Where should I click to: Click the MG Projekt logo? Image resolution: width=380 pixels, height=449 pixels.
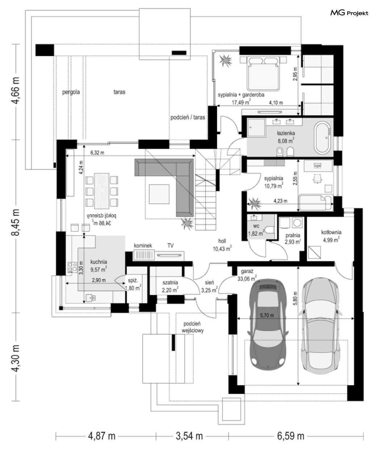point(349,13)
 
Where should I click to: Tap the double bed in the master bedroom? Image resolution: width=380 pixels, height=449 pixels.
point(263,73)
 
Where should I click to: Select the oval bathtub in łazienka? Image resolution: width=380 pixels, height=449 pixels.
point(323,137)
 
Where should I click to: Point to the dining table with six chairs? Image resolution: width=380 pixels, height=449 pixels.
point(102,191)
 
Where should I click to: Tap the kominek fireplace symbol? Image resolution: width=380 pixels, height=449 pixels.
point(144,255)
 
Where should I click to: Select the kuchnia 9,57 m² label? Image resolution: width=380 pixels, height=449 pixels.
point(98,266)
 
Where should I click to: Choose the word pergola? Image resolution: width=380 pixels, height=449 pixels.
point(71,92)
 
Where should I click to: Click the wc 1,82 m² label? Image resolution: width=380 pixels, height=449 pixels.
point(256,230)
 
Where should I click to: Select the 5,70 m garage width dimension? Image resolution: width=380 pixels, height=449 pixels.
point(267,315)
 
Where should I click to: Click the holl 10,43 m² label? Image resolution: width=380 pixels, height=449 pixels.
point(222,245)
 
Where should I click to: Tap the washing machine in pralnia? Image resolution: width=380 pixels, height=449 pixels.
point(297,223)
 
